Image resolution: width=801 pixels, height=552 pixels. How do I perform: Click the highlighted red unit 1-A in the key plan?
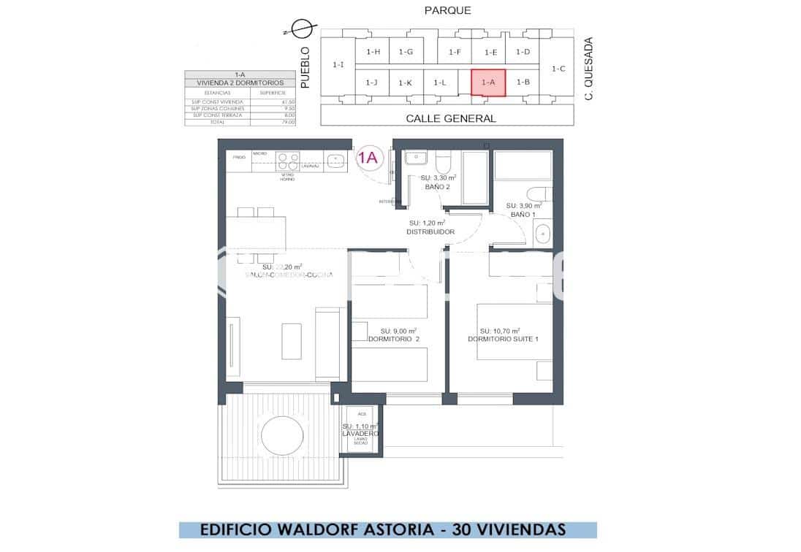488,83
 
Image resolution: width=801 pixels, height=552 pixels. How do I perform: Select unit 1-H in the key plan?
373,51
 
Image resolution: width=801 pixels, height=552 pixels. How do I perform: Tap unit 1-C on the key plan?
558,69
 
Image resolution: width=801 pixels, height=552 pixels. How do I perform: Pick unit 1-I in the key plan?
338,65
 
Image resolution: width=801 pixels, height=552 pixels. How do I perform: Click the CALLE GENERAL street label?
450,118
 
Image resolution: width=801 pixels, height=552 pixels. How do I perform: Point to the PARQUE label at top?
447,10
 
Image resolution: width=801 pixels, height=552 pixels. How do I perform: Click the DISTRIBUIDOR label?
430,232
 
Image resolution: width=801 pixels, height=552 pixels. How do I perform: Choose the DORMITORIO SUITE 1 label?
503,339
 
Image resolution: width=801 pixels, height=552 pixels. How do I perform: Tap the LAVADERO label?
360,433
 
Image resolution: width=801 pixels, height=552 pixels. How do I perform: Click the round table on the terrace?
281,436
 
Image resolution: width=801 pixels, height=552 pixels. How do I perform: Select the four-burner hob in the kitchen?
287,161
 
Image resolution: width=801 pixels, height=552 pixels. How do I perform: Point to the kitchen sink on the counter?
337,158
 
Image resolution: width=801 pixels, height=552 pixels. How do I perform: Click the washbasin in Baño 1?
542,234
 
